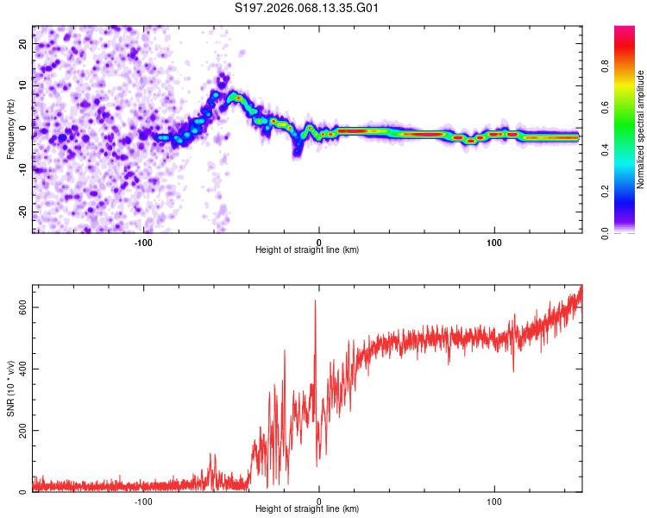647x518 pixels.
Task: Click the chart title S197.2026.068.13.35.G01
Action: [x=307, y=8]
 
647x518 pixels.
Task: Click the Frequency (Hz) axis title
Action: [x=10, y=129]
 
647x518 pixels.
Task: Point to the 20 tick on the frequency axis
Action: [x=24, y=42]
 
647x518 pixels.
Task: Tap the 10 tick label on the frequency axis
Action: [x=24, y=85]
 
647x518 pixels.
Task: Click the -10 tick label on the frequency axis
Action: [x=22, y=169]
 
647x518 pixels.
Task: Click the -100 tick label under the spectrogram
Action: [x=143, y=242]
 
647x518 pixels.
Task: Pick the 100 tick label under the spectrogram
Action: [x=494, y=242]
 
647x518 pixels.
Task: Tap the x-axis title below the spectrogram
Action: [x=307, y=250]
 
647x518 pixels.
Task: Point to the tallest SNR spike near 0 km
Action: [x=315, y=301]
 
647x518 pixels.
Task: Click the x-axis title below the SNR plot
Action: [x=307, y=509]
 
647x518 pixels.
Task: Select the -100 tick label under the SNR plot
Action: [x=143, y=501]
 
